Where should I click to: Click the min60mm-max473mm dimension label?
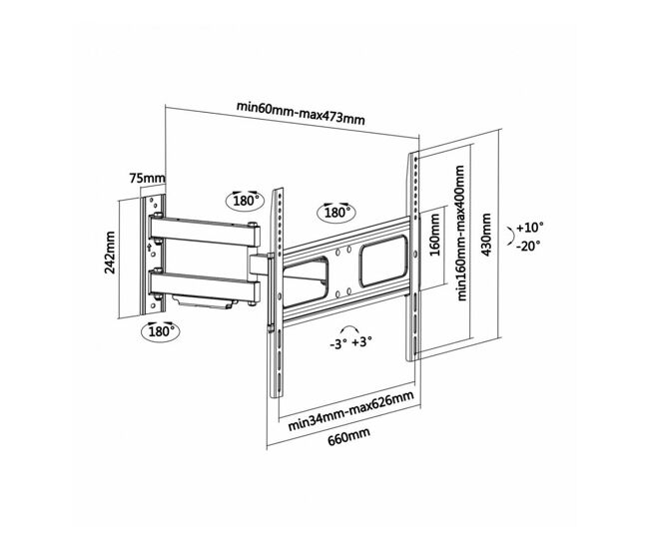301,112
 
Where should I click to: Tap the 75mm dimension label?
147,179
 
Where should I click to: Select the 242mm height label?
110,253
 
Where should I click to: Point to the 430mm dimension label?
486,235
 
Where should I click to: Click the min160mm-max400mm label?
461,233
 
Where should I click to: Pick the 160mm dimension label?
434,235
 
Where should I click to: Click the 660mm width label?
348,436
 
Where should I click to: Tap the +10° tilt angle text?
530,228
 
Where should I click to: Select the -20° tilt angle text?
528,246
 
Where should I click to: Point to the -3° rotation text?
338,344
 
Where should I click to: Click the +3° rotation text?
362,341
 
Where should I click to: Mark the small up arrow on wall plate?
149,247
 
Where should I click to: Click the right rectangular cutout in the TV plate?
383,262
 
